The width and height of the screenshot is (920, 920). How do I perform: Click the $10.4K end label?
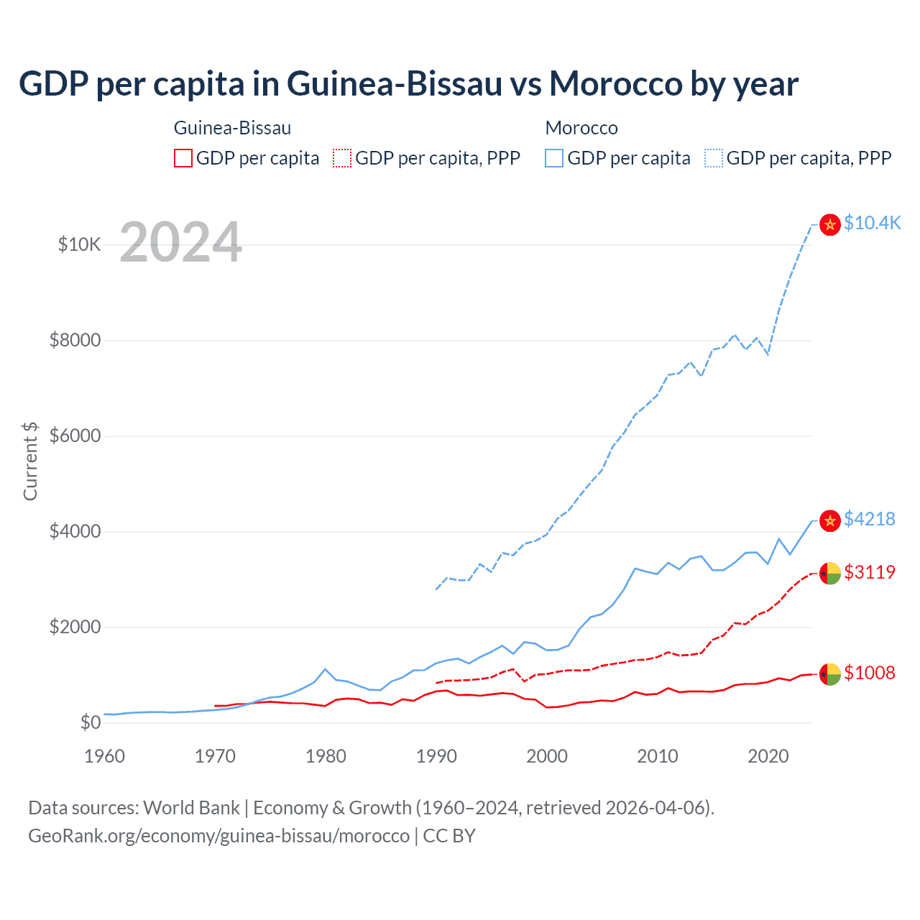(x=872, y=223)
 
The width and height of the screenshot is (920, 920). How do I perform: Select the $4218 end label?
(x=869, y=519)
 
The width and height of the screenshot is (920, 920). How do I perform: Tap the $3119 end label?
(x=869, y=572)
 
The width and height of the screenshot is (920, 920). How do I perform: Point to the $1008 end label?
(x=869, y=673)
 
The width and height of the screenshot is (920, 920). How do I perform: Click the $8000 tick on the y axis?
(x=75, y=340)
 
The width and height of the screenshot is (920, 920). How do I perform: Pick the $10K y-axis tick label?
(x=79, y=244)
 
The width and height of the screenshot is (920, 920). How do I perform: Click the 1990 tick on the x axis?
(x=436, y=756)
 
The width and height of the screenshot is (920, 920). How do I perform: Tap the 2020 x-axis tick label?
(x=768, y=756)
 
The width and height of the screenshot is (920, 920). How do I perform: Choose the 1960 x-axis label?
(x=104, y=756)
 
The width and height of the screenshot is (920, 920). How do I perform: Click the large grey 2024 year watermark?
(x=180, y=242)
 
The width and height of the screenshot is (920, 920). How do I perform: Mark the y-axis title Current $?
(x=30, y=461)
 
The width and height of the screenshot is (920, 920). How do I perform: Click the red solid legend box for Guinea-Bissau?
(x=183, y=158)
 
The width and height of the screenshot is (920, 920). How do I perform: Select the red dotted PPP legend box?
(x=342, y=158)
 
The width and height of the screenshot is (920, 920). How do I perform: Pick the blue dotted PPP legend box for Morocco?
(x=714, y=158)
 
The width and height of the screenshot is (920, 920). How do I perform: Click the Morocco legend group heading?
(x=581, y=128)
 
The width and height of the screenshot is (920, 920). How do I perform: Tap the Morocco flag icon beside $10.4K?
(x=830, y=224)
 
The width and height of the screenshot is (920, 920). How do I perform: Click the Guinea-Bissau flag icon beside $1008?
(x=830, y=674)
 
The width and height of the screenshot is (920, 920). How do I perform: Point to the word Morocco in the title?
(x=616, y=83)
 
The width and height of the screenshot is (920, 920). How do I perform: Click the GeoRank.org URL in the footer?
(x=218, y=836)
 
